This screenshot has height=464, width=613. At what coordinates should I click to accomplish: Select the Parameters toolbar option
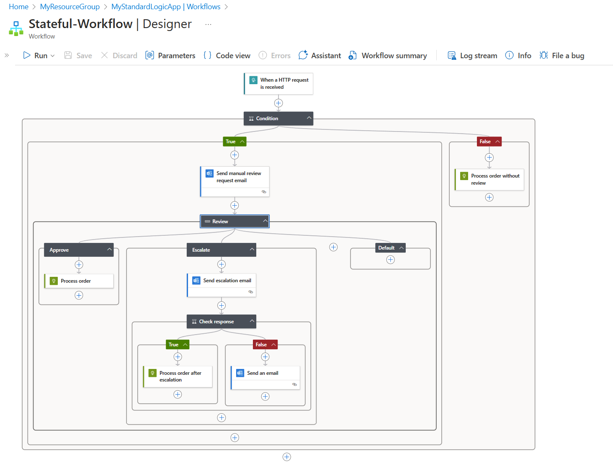coord(170,56)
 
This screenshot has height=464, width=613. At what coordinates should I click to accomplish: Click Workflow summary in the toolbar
coord(388,56)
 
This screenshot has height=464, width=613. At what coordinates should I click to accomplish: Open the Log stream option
coord(473,56)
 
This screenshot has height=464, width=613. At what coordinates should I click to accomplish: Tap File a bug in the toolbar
coord(562,56)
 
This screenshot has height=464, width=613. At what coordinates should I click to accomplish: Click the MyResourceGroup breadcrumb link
coord(70,7)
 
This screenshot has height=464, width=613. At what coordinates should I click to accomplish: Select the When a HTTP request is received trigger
coord(278,83)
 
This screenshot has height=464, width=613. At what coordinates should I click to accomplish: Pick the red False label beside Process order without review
coord(485,142)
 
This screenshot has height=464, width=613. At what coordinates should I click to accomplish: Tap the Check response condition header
coord(218,322)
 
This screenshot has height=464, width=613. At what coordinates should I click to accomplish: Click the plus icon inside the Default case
coord(391,260)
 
